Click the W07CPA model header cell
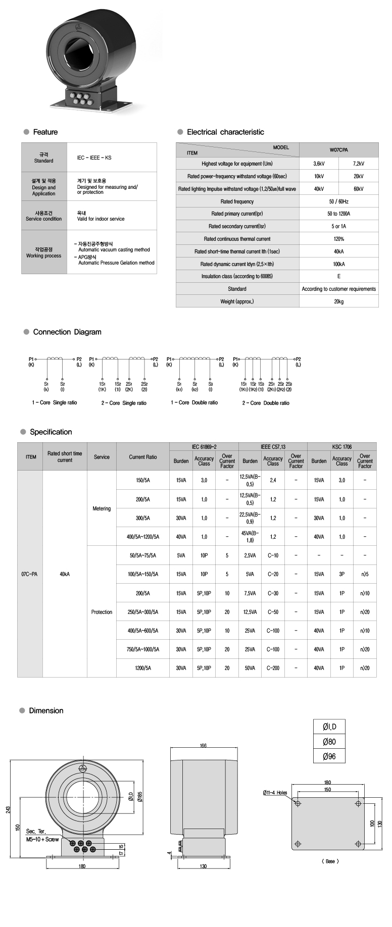(x=338, y=150)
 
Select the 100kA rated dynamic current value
(x=338, y=264)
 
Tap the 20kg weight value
(x=338, y=301)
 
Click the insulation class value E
(x=338, y=276)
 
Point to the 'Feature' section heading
(x=45, y=132)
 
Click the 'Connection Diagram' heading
(x=67, y=332)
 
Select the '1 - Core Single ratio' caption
(x=55, y=403)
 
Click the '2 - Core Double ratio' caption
(x=266, y=403)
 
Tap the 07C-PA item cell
(x=30, y=574)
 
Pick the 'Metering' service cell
(x=102, y=508)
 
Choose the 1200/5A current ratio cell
(x=143, y=668)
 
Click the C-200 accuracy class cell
(x=273, y=668)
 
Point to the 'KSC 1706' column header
(x=342, y=447)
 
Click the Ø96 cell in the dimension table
(x=329, y=756)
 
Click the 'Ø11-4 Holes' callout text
(x=275, y=793)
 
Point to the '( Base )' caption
(x=330, y=861)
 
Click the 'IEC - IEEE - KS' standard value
(x=94, y=158)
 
